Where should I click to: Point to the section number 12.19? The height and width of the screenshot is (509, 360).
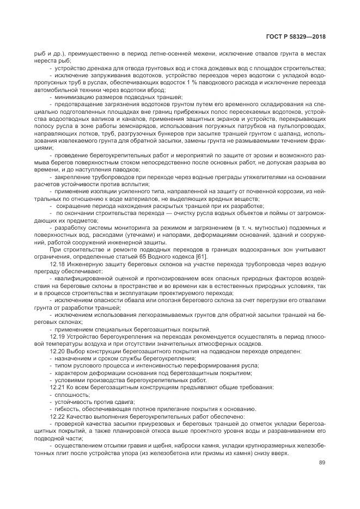(x=57, y=337)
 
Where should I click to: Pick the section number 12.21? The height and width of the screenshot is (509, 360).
(x=57, y=387)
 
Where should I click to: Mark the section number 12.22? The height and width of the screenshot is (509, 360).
(x=57, y=415)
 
